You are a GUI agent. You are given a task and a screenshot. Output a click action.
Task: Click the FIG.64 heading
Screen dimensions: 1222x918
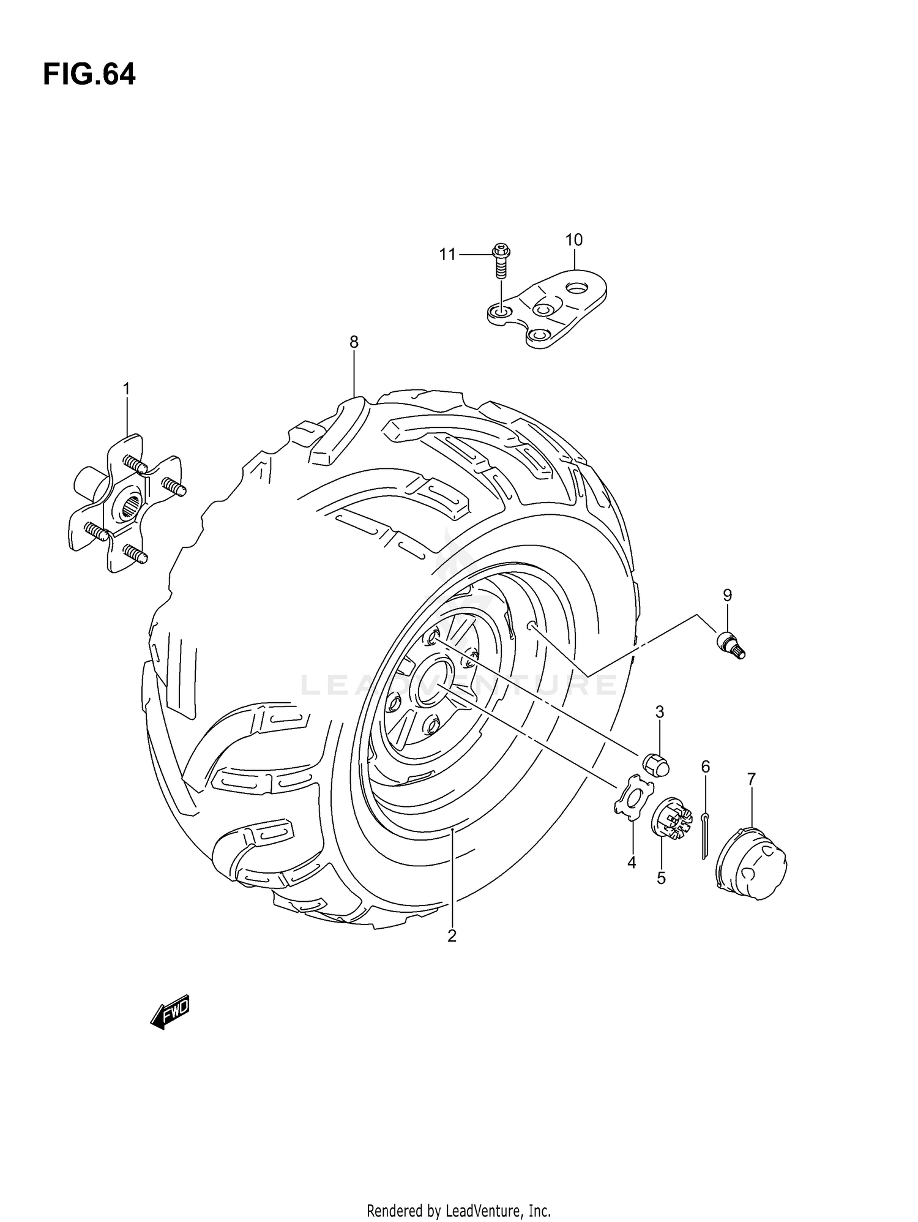pos(89,75)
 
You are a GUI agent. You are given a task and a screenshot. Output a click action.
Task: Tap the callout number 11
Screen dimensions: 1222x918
pos(447,254)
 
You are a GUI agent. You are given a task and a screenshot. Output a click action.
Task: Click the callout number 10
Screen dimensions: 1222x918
pos(573,240)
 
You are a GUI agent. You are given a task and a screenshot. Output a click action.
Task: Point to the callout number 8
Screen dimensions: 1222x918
pos(354,342)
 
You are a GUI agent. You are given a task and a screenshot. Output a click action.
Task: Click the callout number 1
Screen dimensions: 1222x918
pos(126,389)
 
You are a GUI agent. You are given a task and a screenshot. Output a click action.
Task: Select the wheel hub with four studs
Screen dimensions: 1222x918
pos(126,506)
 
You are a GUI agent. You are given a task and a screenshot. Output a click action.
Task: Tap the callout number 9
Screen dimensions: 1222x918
pos(727,594)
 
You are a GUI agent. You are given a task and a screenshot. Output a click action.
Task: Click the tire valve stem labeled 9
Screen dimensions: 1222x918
pos(731,646)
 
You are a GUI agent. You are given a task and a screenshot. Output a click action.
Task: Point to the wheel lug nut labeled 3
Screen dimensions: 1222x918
pos(656,765)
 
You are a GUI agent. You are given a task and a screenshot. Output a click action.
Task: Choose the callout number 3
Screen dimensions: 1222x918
pos(660,712)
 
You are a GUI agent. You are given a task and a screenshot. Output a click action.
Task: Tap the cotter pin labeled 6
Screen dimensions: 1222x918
pos(705,834)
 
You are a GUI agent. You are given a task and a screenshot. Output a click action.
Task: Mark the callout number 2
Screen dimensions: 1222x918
pos(452,936)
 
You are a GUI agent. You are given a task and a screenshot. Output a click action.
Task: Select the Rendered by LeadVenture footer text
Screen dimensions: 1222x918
pos(458,1210)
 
